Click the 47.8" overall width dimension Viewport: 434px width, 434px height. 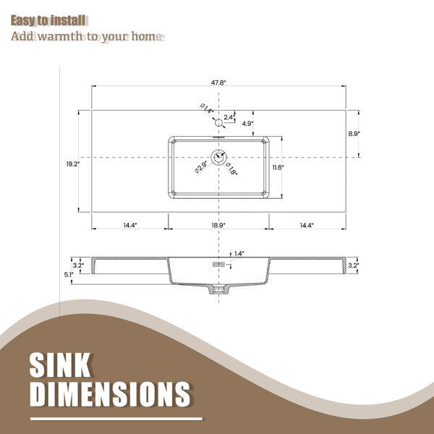tap(218, 82)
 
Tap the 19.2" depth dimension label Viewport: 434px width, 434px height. tap(73, 164)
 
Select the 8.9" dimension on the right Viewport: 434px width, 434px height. tap(354, 133)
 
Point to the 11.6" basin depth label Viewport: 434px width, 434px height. tap(278, 167)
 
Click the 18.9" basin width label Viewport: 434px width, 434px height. tap(218, 225)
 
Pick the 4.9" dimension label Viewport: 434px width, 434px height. tap(247, 124)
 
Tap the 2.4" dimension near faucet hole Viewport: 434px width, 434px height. tap(229, 117)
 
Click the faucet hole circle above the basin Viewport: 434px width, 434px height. tap(218, 122)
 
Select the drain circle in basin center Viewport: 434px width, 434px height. tap(218, 157)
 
